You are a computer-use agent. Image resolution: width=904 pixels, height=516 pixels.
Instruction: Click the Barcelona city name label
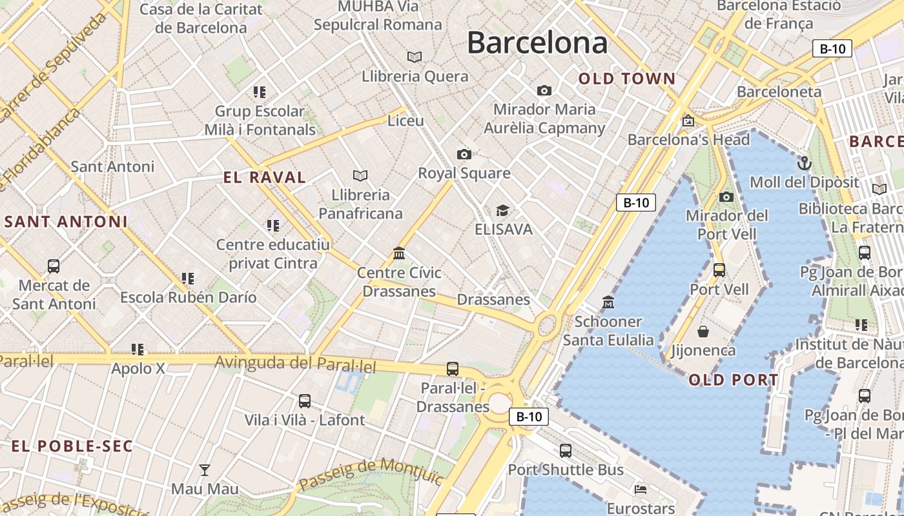(x=537, y=43)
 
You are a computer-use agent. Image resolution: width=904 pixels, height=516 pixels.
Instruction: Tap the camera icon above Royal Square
(x=464, y=154)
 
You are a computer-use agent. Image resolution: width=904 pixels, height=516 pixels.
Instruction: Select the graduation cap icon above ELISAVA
(x=502, y=210)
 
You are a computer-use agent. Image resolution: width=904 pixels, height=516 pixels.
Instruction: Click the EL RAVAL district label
(x=265, y=178)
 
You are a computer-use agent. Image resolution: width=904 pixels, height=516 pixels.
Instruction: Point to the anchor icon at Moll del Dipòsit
(x=804, y=163)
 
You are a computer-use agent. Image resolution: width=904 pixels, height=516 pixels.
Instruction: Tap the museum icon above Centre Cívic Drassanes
(x=399, y=253)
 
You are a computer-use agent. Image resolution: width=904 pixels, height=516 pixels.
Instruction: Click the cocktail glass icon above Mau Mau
(x=205, y=470)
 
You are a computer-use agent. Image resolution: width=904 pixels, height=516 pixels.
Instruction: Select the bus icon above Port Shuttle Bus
(x=566, y=451)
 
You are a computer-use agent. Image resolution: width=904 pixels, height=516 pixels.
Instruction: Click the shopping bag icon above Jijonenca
(x=703, y=332)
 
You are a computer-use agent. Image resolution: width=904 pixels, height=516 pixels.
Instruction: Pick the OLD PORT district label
(x=734, y=380)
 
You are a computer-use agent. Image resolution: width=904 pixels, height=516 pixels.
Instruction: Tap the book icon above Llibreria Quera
(x=415, y=57)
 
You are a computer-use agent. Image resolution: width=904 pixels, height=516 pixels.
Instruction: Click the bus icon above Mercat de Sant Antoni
(x=54, y=266)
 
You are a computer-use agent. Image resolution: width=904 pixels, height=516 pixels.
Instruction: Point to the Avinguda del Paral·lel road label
(x=295, y=364)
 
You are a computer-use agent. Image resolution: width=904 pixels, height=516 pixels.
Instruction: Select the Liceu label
(x=406, y=121)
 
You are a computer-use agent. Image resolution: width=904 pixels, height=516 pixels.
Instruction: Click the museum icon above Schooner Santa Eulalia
(x=608, y=302)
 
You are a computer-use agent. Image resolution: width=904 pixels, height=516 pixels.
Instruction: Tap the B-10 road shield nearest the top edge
(x=832, y=48)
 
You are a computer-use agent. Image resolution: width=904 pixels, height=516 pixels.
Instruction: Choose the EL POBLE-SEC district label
(x=72, y=446)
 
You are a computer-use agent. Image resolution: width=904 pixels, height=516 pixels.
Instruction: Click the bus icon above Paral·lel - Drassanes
(x=453, y=369)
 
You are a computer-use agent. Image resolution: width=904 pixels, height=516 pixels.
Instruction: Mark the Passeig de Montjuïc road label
(x=371, y=474)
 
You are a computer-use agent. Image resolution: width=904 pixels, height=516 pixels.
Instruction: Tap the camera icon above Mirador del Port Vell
(x=726, y=197)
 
